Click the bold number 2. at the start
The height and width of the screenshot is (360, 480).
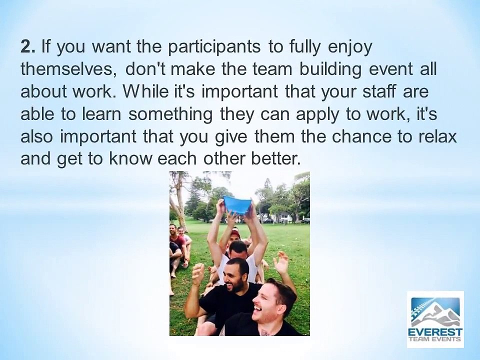(28, 47)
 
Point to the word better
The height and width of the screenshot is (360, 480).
(277, 159)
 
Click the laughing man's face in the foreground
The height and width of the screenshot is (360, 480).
(264, 300)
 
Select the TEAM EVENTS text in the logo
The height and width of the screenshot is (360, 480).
(435, 341)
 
